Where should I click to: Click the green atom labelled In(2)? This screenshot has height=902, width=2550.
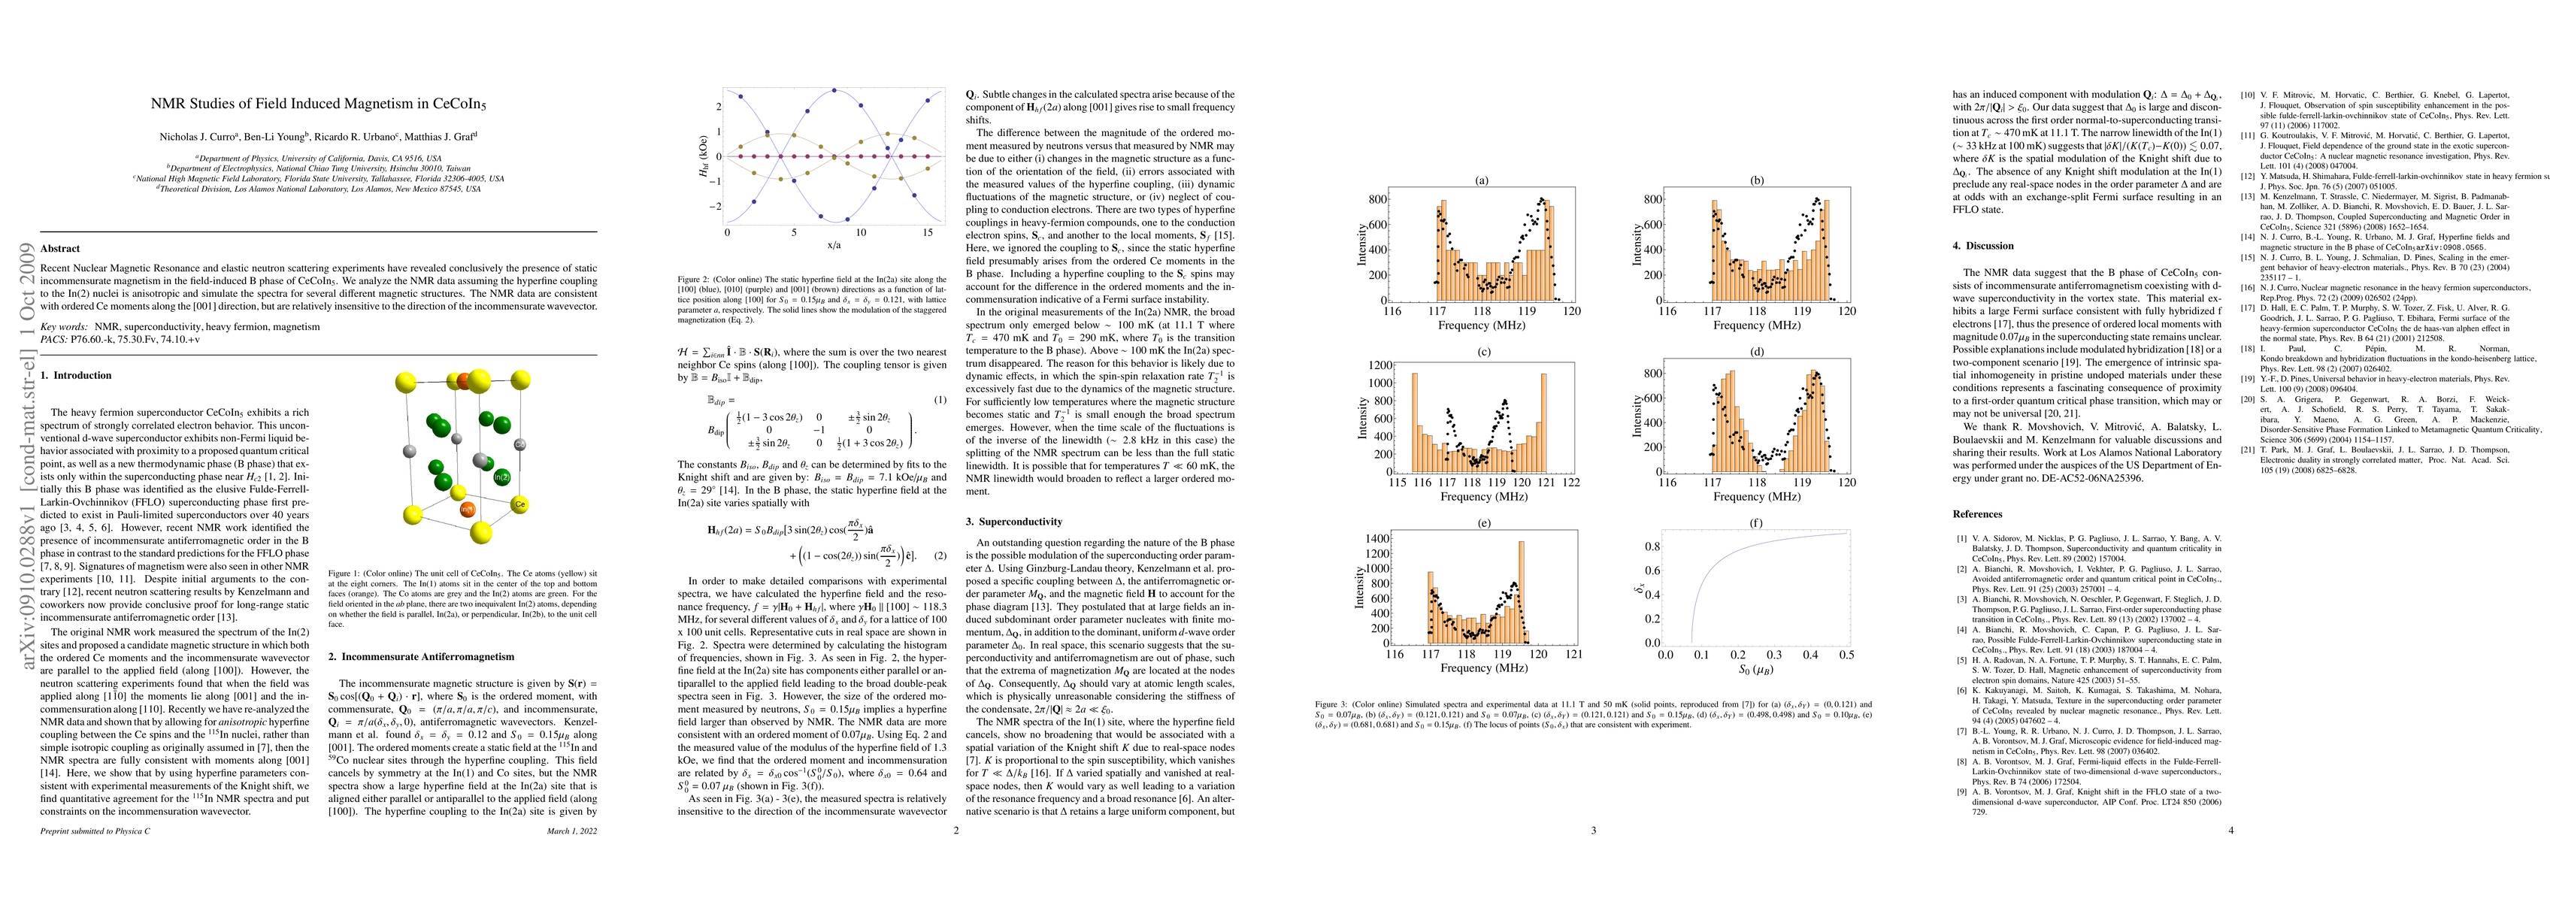coord(502,477)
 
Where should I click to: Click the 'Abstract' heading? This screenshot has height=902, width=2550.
coord(60,249)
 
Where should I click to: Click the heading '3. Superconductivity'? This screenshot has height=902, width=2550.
coord(1013,522)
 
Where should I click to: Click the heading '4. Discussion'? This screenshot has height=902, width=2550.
coord(1982,246)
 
